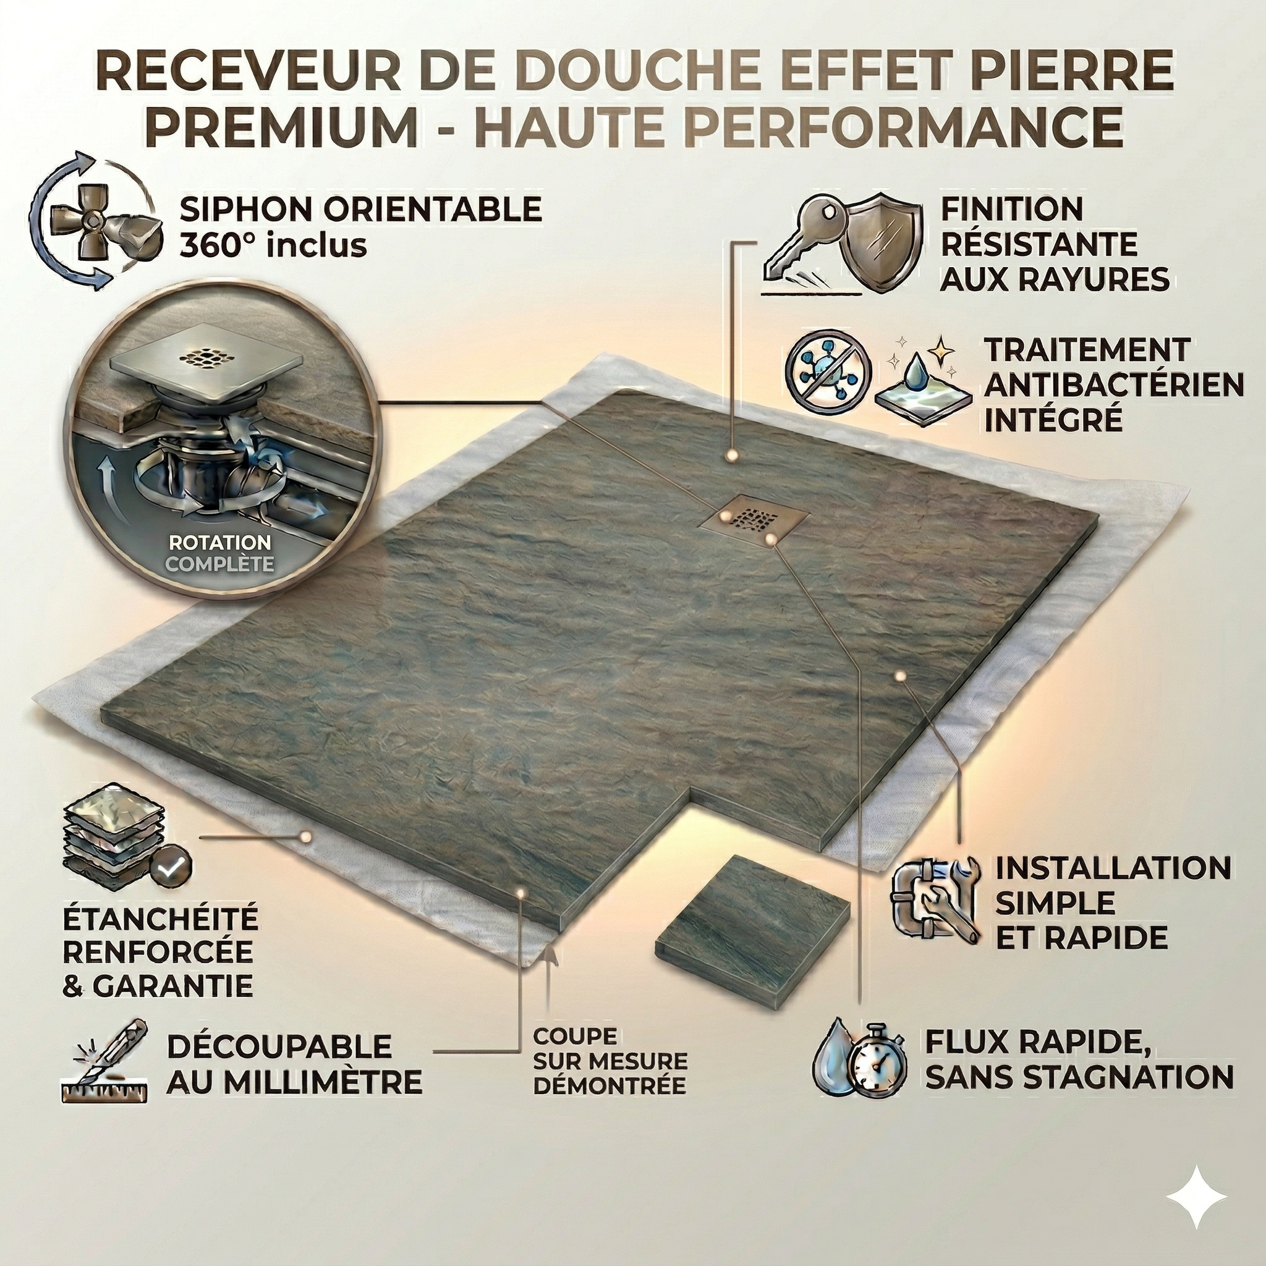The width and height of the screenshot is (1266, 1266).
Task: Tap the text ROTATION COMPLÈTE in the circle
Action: [x=219, y=553]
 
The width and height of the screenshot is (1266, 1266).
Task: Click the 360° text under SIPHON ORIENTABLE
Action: [x=218, y=246]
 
